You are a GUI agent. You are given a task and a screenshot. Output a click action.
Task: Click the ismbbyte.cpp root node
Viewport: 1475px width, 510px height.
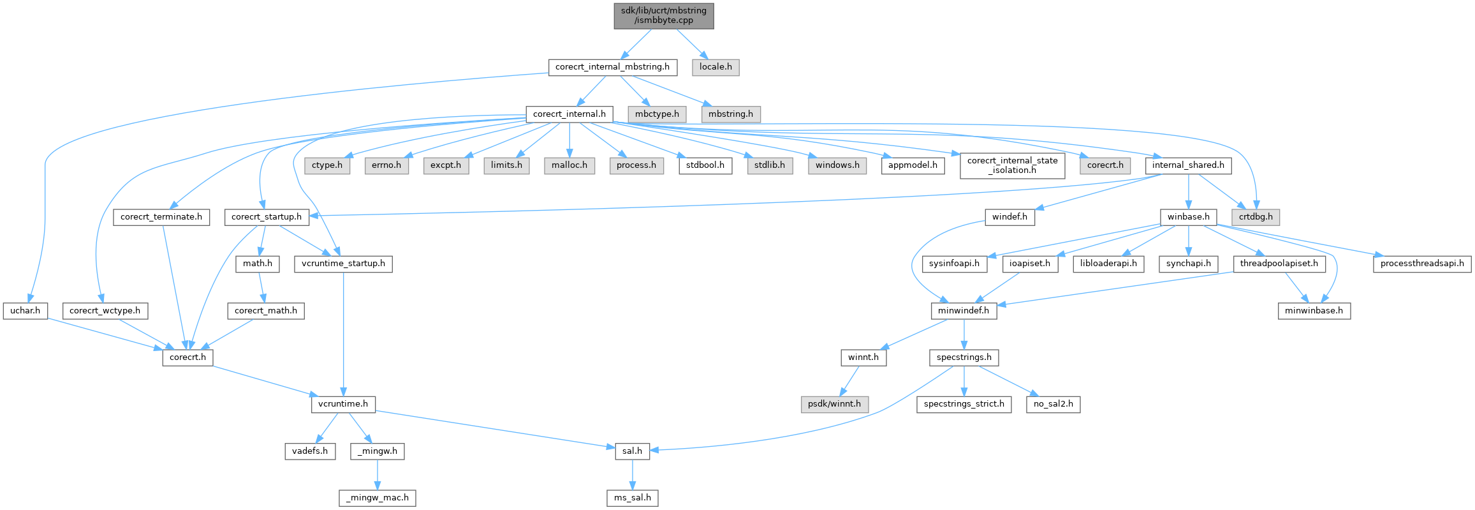point(663,16)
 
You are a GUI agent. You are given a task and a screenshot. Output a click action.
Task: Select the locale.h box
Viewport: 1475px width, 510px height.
point(715,67)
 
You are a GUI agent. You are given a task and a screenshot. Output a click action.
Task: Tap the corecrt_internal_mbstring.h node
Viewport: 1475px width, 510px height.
point(612,67)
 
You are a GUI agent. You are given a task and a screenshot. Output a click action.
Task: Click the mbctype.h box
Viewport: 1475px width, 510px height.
point(657,114)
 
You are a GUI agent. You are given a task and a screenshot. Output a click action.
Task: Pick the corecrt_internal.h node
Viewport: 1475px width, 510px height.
point(569,114)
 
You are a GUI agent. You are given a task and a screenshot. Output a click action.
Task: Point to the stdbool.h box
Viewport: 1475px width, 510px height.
point(705,165)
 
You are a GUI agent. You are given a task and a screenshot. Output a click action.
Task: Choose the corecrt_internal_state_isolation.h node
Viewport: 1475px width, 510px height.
point(1012,165)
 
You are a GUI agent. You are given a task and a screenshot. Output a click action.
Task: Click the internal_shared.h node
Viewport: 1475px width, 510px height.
point(1188,165)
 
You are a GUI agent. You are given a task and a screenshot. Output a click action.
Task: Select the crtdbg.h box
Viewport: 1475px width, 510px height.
point(1256,217)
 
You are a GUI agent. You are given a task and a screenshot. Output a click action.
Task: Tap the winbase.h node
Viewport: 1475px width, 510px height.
point(1188,217)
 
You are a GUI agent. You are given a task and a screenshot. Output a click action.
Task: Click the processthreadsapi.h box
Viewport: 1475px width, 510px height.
point(1422,264)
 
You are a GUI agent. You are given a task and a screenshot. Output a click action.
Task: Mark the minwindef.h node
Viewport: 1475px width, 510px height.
point(963,311)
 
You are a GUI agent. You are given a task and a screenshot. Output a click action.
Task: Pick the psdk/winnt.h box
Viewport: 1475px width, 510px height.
point(834,404)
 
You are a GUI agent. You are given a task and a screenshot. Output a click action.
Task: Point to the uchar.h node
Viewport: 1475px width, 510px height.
point(26,311)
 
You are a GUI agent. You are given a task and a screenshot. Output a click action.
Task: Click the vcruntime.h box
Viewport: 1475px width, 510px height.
point(343,404)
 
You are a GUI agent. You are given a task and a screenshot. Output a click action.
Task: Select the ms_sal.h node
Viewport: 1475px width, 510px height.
point(632,498)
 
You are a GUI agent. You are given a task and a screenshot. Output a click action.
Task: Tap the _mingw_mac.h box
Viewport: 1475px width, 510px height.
point(378,498)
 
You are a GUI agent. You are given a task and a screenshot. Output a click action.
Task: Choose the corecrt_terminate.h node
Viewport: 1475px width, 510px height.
point(161,217)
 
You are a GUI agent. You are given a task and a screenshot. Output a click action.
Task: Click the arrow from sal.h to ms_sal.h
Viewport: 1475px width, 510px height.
point(632,474)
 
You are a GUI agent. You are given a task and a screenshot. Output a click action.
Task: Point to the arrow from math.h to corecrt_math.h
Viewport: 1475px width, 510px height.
point(261,287)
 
